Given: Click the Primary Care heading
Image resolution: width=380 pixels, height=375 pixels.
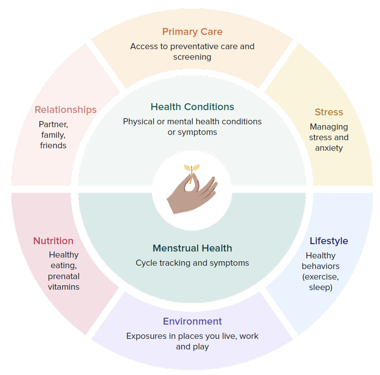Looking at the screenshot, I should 192,32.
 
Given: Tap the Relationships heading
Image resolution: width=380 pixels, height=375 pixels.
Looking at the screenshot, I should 65,110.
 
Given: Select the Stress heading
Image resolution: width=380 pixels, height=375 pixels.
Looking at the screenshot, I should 329,112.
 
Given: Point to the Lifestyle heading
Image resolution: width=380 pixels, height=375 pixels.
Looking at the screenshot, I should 329,241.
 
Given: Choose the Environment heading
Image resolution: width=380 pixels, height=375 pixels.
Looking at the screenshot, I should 192,321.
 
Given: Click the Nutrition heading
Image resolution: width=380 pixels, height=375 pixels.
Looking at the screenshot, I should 53,241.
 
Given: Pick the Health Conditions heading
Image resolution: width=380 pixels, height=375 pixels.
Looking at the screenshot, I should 192,107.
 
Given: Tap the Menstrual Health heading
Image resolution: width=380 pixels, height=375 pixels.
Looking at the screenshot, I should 192,248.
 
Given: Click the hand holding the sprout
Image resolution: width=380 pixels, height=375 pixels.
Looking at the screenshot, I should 191,195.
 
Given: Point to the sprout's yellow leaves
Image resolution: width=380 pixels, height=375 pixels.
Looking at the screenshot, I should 192,167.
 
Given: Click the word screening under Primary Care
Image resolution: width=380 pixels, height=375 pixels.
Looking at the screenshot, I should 192,57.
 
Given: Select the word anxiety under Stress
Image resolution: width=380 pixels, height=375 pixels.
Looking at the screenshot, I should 329,148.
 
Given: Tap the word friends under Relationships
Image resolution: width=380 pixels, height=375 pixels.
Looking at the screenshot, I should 53,145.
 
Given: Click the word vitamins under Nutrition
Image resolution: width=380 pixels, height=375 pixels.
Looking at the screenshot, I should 63,287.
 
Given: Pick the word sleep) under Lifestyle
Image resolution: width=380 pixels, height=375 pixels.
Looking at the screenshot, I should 320,287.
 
